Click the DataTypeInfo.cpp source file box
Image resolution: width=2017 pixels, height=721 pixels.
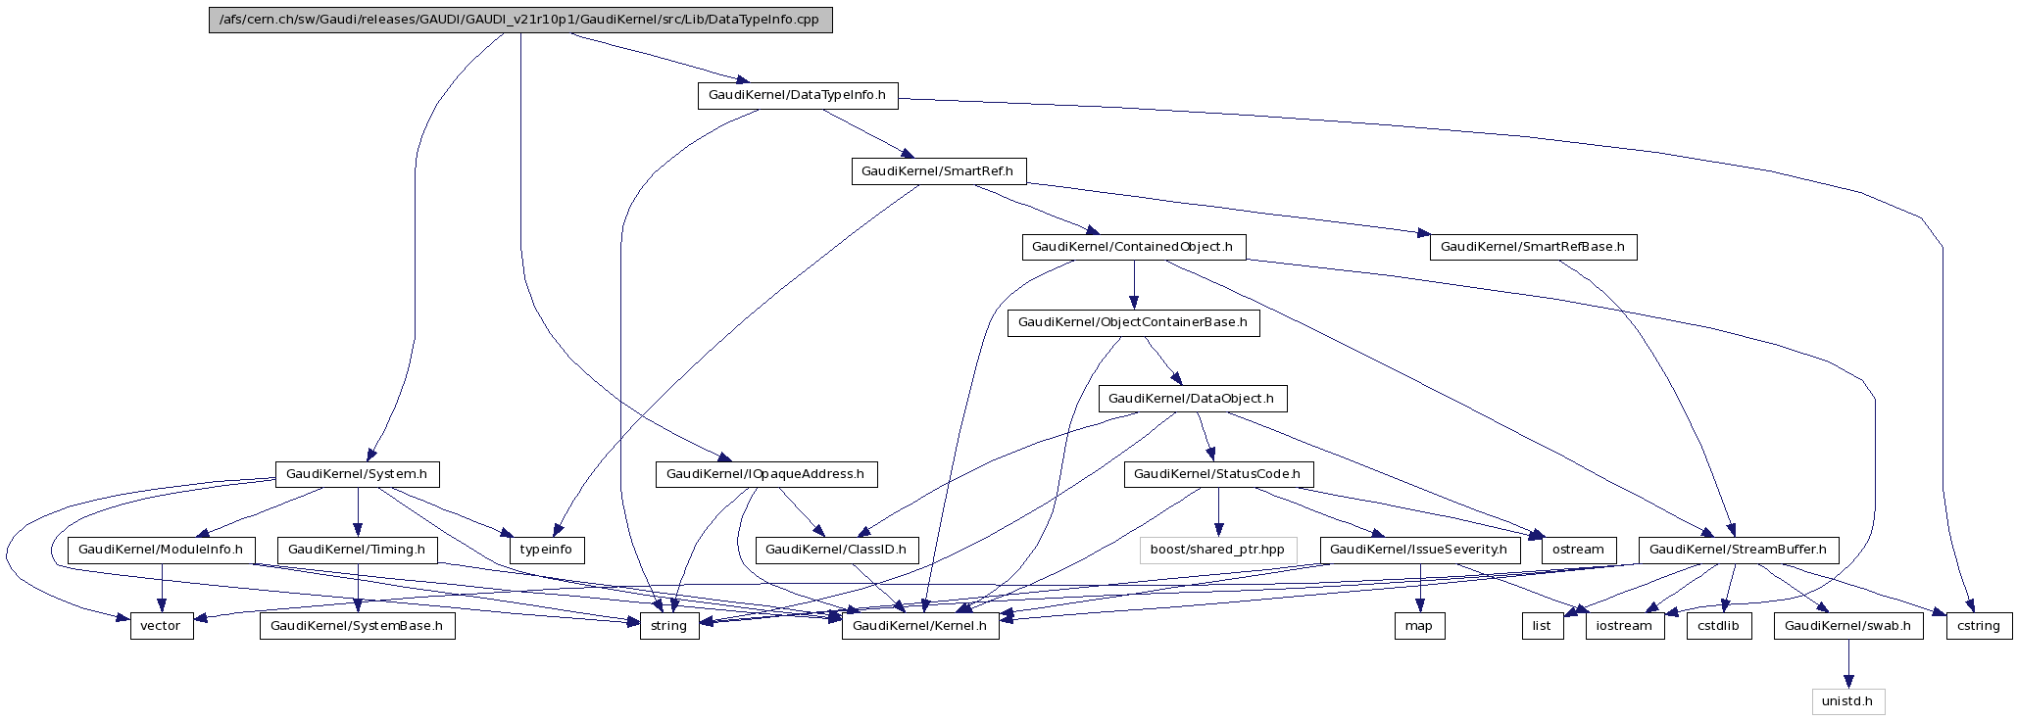pos(520,20)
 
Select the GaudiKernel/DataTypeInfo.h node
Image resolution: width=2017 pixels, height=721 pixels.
pos(797,95)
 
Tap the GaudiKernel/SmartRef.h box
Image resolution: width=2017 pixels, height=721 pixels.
pos(937,171)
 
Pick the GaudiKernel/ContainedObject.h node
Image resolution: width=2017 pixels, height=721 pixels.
pos(1134,247)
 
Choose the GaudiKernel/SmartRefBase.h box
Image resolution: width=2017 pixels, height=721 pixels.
pos(1533,247)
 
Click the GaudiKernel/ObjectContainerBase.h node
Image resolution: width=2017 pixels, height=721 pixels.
pos(1133,322)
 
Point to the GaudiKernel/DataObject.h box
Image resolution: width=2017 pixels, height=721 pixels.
pos(1191,399)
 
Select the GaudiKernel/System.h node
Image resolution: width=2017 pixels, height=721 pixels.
pos(357,474)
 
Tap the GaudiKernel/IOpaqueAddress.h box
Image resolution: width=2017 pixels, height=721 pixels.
pos(765,474)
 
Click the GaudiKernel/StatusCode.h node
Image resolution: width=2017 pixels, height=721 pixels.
pos(1217,474)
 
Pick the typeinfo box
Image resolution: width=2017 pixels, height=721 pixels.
pos(546,550)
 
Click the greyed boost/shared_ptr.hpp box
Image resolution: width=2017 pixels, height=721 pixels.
pos(1217,550)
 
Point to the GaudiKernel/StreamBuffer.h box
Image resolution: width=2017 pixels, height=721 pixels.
pos(1738,550)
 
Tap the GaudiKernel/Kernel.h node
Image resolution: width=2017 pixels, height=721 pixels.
pos(920,626)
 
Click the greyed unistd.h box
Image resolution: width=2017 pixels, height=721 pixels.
pos(1847,701)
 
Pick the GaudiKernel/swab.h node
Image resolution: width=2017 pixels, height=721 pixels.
pos(1847,626)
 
